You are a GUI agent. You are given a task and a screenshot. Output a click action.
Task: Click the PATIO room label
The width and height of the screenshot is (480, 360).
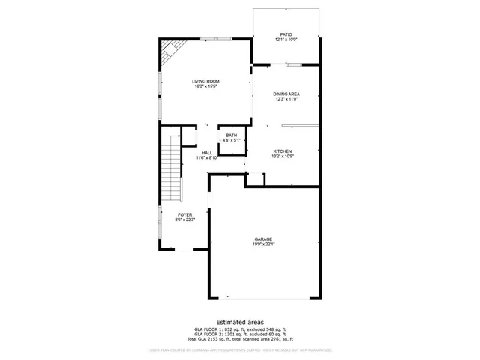[286, 34]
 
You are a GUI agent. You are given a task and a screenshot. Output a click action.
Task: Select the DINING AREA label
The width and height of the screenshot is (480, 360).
[286, 94]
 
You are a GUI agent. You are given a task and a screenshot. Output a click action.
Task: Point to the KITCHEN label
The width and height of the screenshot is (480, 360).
[282, 151]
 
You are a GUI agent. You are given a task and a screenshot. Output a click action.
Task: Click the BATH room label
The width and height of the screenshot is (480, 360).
[231, 136]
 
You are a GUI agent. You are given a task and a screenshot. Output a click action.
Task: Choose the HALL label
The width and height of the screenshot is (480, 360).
[206, 153]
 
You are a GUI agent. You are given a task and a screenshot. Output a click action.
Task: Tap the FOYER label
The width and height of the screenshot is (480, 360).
[184, 215]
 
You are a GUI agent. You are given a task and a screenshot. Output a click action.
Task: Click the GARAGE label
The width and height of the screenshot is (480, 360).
[262, 239]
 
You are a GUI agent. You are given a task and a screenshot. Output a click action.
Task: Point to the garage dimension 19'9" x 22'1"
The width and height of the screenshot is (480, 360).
[262, 244]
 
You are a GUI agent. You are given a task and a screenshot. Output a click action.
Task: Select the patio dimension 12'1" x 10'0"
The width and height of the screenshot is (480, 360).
[286, 40]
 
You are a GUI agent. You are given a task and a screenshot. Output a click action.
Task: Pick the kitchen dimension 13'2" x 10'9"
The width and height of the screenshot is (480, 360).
[282, 157]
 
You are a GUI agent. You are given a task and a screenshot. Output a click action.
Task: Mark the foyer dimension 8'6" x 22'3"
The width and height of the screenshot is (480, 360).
[184, 220]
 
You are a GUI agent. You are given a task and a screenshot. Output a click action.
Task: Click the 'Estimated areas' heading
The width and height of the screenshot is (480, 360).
[240, 322]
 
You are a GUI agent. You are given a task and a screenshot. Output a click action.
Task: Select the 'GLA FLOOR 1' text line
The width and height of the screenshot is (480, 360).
[240, 330]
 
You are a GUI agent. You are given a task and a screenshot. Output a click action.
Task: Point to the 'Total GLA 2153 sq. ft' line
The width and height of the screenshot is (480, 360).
[240, 340]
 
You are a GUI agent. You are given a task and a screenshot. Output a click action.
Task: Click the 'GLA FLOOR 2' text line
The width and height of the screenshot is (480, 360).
[240, 335]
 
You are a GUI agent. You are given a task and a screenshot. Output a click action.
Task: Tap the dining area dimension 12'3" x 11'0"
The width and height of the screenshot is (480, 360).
[286, 99]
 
